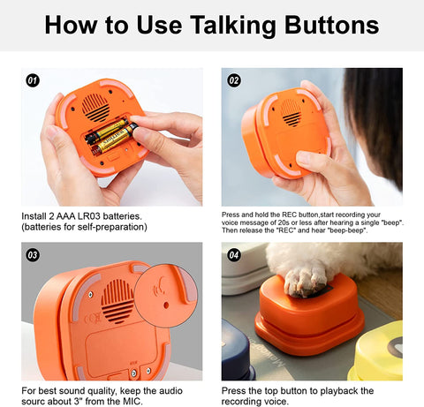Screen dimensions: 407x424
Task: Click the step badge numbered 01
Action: tap(33, 80)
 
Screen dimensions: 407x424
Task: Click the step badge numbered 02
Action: tap(234, 80)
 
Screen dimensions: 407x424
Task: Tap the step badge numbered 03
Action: tap(33, 255)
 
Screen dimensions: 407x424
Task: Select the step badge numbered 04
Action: tap(234, 255)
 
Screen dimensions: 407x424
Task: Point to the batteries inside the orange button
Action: tap(110, 138)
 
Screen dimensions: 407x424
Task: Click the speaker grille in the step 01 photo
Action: tap(95, 109)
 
